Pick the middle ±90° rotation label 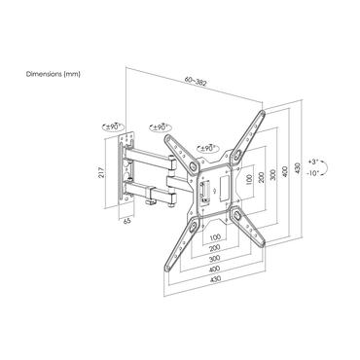(x=161, y=126)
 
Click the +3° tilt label (x=339, y=158)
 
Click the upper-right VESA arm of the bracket (x=249, y=128)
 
